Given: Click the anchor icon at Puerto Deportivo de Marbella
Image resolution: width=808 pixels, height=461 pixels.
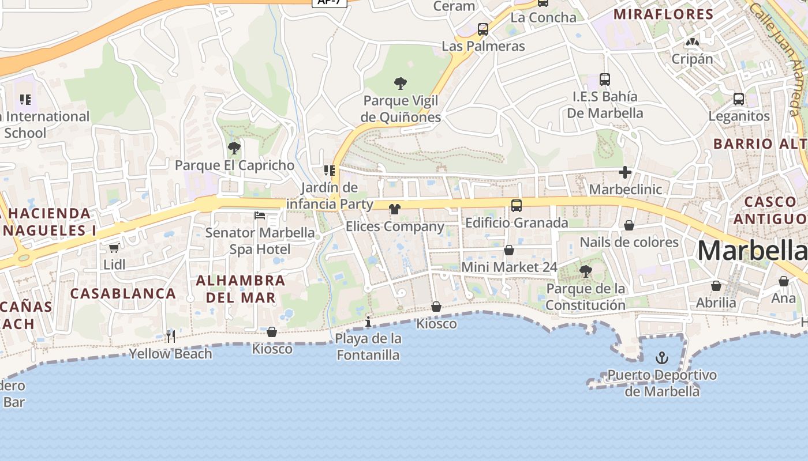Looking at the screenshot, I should (662, 358).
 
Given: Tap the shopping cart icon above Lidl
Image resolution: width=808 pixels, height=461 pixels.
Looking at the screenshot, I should (114, 248).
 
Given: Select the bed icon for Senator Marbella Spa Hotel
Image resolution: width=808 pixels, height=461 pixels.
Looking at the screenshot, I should (260, 216).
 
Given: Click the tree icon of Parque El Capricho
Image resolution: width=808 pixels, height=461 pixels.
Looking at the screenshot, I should (234, 148).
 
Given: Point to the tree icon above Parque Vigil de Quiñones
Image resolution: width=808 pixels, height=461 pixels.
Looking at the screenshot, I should (401, 84).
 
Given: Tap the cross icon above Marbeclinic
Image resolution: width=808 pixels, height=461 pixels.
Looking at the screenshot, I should (625, 172).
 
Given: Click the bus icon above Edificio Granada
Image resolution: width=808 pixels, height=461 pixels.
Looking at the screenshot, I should (517, 205).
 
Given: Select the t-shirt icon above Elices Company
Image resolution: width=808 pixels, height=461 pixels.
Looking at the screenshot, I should (395, 209).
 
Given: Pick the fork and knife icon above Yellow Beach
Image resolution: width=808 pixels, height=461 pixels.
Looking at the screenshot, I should (171, 336).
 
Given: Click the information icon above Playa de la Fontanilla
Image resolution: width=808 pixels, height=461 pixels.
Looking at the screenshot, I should (368, 321).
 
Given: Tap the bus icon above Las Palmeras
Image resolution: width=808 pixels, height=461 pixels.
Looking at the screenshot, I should (483, 29).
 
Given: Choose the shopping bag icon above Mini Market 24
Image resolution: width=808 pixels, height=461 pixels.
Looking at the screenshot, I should (509, 250).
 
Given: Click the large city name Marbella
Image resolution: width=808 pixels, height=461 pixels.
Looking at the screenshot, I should (752, 251).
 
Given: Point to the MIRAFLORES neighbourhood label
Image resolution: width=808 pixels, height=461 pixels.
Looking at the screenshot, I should (663, 14).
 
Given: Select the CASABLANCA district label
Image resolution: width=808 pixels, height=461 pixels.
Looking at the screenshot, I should (123, 293).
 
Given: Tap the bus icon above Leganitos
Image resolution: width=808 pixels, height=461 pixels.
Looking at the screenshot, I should (739, 99).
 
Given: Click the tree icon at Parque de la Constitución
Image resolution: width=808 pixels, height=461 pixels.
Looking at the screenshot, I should (586, 271).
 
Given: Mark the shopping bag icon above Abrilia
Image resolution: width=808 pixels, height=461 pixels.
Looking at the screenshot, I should (716, 286).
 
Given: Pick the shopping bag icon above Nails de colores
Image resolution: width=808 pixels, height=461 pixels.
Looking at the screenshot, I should (629, 225).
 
